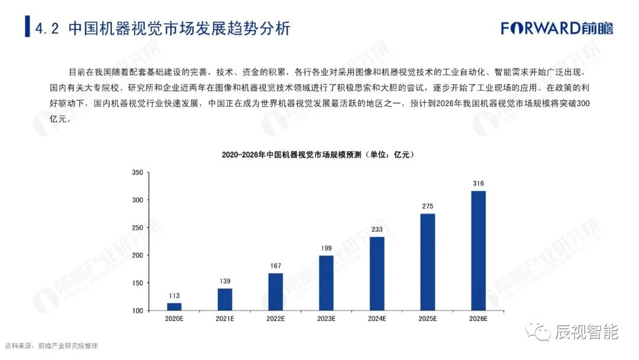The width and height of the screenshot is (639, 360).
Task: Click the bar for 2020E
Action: point(174,307)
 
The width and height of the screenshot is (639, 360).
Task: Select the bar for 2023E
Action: point(326,283)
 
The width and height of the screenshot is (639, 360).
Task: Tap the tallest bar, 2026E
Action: point(478,250)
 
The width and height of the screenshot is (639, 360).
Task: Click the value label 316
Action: point(478,184)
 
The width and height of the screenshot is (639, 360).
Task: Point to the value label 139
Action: point(225,281)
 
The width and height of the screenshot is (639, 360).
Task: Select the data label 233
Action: point(377,230)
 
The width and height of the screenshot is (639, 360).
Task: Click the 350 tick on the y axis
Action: point(137,172)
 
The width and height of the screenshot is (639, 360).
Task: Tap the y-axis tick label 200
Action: point(137,255)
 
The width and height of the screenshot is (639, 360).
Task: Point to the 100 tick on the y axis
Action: point(137,311)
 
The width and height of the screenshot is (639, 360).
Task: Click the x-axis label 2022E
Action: point(275,319)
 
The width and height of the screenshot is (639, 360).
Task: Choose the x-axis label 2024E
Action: point(377,319)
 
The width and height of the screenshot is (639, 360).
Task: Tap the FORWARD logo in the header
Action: point(556,28)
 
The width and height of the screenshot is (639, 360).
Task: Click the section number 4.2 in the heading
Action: point(47,28)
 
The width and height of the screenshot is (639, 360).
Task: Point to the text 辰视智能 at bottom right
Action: point(586,332)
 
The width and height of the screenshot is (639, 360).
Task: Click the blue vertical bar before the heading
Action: point(27,28)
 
